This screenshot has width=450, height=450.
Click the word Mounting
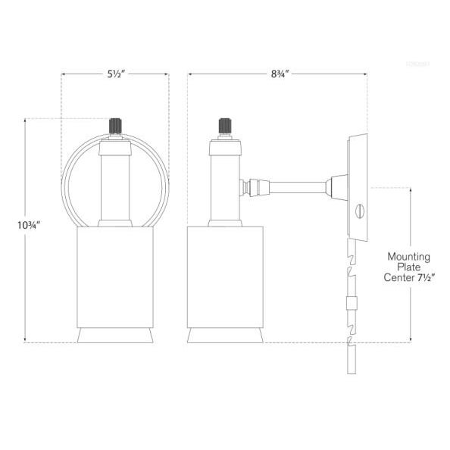click(x=408, y=257)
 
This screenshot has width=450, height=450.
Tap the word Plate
click(x=409, y=267)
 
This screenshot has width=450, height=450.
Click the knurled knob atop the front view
click(x=115, y=126)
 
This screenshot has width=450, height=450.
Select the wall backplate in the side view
click(x=355, y=186)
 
